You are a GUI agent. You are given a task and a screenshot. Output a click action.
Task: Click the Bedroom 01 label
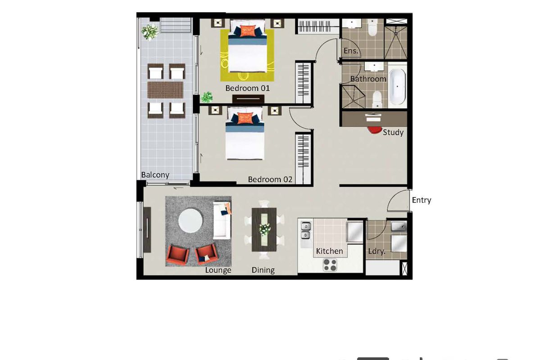coord(247,88)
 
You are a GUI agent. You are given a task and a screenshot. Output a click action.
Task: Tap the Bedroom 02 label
coord(270,180)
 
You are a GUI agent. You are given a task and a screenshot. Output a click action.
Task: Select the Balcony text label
coord(155,175)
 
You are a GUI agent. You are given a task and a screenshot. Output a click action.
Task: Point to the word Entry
coord(421,200)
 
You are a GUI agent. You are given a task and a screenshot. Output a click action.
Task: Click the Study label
coord(393,132)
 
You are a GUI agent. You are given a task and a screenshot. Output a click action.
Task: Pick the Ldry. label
coord(377,252)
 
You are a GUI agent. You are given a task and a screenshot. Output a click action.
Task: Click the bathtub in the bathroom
coord(397,87)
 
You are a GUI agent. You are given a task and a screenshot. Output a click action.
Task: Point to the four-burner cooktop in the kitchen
coord(330,265)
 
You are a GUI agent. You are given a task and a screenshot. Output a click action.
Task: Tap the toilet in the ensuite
coord(372,29)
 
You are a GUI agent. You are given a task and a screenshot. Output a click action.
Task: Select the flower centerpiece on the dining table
coord(264,229)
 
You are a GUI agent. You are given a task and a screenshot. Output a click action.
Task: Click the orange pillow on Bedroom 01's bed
coord(246,31)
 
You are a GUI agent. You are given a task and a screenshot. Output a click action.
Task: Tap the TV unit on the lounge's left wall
coord(147,229)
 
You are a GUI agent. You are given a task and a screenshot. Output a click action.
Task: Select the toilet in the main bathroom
coord(377,99)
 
